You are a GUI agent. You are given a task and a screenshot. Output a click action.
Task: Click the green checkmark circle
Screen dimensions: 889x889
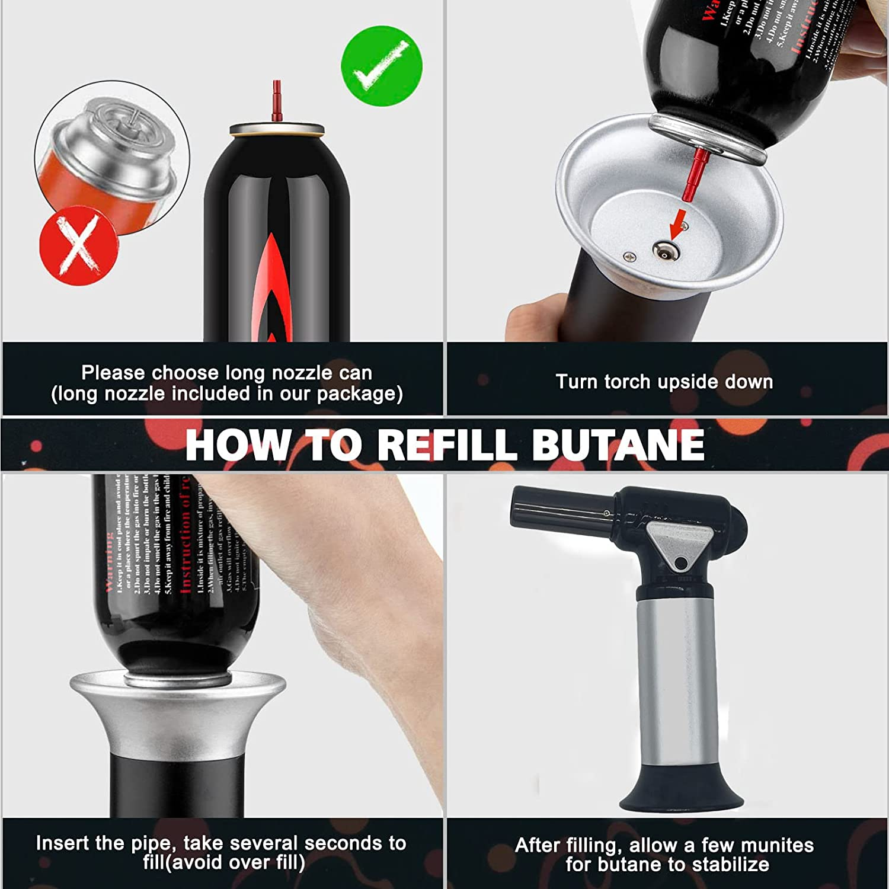point(382,66)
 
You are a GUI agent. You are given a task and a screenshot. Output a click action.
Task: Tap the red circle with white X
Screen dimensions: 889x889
point(78,245)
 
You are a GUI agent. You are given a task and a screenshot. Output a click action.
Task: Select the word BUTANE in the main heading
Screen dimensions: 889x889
point(618,444)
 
